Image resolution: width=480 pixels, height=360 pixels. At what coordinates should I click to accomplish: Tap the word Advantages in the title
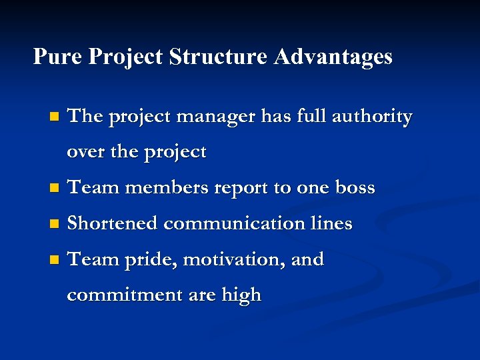click(x=333, y=57)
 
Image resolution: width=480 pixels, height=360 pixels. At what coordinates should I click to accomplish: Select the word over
click(x=85, y=152)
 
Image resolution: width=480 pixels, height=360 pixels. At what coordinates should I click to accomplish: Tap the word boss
click(x=355, y=188)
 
